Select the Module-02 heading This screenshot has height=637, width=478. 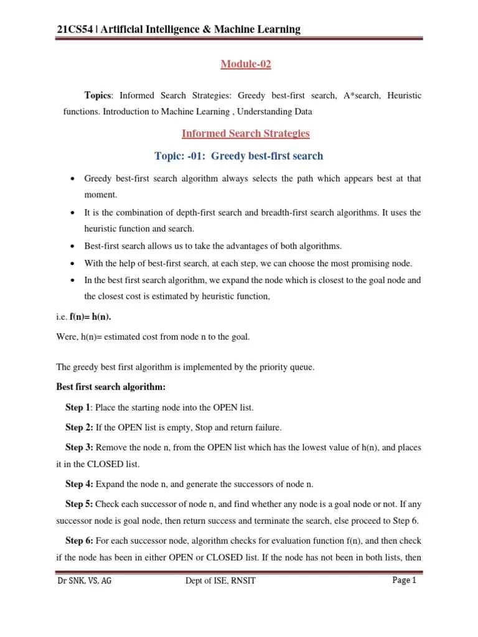(247, 64)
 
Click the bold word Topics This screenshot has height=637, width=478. (98, 95)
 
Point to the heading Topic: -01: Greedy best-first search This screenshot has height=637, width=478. (247, 156)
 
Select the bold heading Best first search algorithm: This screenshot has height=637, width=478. (111, 387)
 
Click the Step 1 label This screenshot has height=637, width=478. (77, 407)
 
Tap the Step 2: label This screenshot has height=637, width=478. (79, 428)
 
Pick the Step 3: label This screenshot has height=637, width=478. (79, 448)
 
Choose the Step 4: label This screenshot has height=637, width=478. (79, 485)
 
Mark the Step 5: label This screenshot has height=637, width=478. (79, 504)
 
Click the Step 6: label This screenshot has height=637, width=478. (79, 541)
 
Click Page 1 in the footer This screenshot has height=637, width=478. (404, 581)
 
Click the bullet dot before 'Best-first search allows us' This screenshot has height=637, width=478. (73, 245)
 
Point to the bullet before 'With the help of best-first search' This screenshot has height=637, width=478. (73, 263)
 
